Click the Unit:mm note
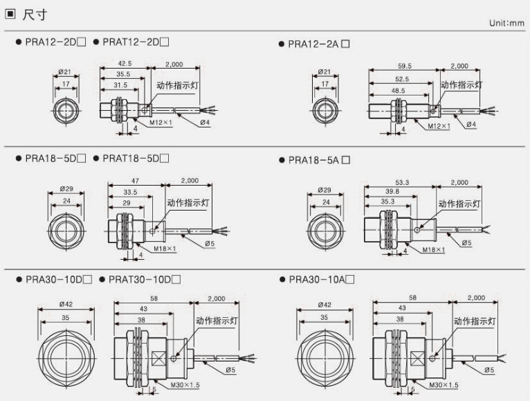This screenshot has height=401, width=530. [506, 23]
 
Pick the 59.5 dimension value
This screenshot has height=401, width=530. [404, 66]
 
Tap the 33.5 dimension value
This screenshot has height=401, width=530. [129, 192]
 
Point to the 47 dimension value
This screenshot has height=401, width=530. [135, 181]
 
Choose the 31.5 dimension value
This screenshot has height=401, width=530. [122, 86]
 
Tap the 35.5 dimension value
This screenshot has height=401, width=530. [124, 75]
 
